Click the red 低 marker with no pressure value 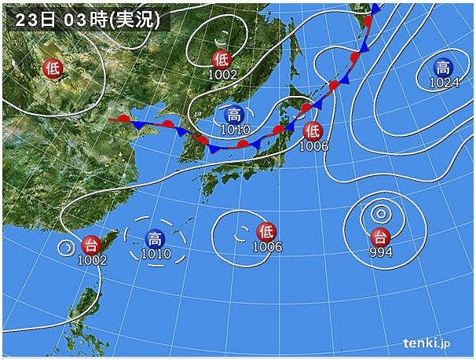click(x=53, y=68)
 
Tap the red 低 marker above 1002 click(x=222, y=59)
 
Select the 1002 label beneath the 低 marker click(x=222, y=74)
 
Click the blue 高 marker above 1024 click(x=444, y=68)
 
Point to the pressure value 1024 click(x=444, y=83)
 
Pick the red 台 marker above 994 click(x=380, y=237)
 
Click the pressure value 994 click(x=380, y=252)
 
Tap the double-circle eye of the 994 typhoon click(x=380, y=213)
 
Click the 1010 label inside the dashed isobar click(x=156, y=253)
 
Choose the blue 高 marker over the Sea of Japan click(x=233, y=115)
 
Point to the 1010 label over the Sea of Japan click(x=234, y=130)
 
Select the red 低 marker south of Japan click(x=267, y=232)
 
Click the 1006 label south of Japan click(x=267, y=247)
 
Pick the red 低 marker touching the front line click(x=313, y=130)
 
